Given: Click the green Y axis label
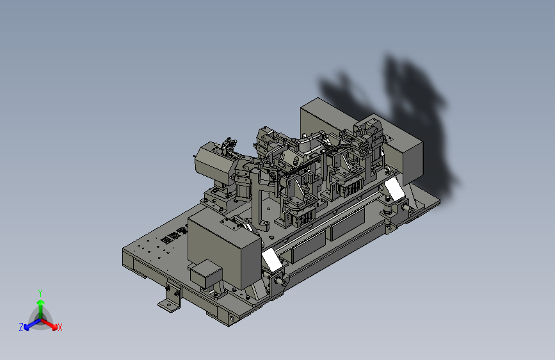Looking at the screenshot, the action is [40, 293].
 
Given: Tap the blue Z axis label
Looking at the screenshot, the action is [21, 327].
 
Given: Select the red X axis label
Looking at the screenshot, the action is [60, 327].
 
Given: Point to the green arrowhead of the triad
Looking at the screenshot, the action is [41, 303].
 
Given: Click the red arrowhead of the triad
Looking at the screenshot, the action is [54, 326].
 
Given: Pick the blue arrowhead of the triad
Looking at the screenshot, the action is [27, 327].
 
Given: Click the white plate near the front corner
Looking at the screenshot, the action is [272, 259].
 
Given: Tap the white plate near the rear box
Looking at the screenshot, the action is [394, 189].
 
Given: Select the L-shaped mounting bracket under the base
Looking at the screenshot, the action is [170, 299].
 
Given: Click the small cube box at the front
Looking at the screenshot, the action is [206, 274].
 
